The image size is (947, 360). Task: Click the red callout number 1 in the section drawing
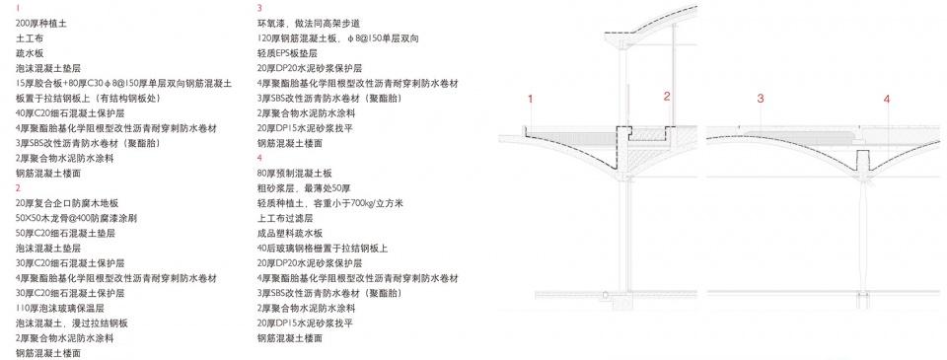[530, 99]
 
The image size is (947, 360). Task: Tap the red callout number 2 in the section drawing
[668, 96]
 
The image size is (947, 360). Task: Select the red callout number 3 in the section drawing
[761, 99]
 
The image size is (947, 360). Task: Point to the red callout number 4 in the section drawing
[887, 99]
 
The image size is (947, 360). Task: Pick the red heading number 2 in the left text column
[18, 187]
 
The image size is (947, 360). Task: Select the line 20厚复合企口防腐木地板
[68, 203]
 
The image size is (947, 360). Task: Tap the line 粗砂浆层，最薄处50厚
[301, 187]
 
